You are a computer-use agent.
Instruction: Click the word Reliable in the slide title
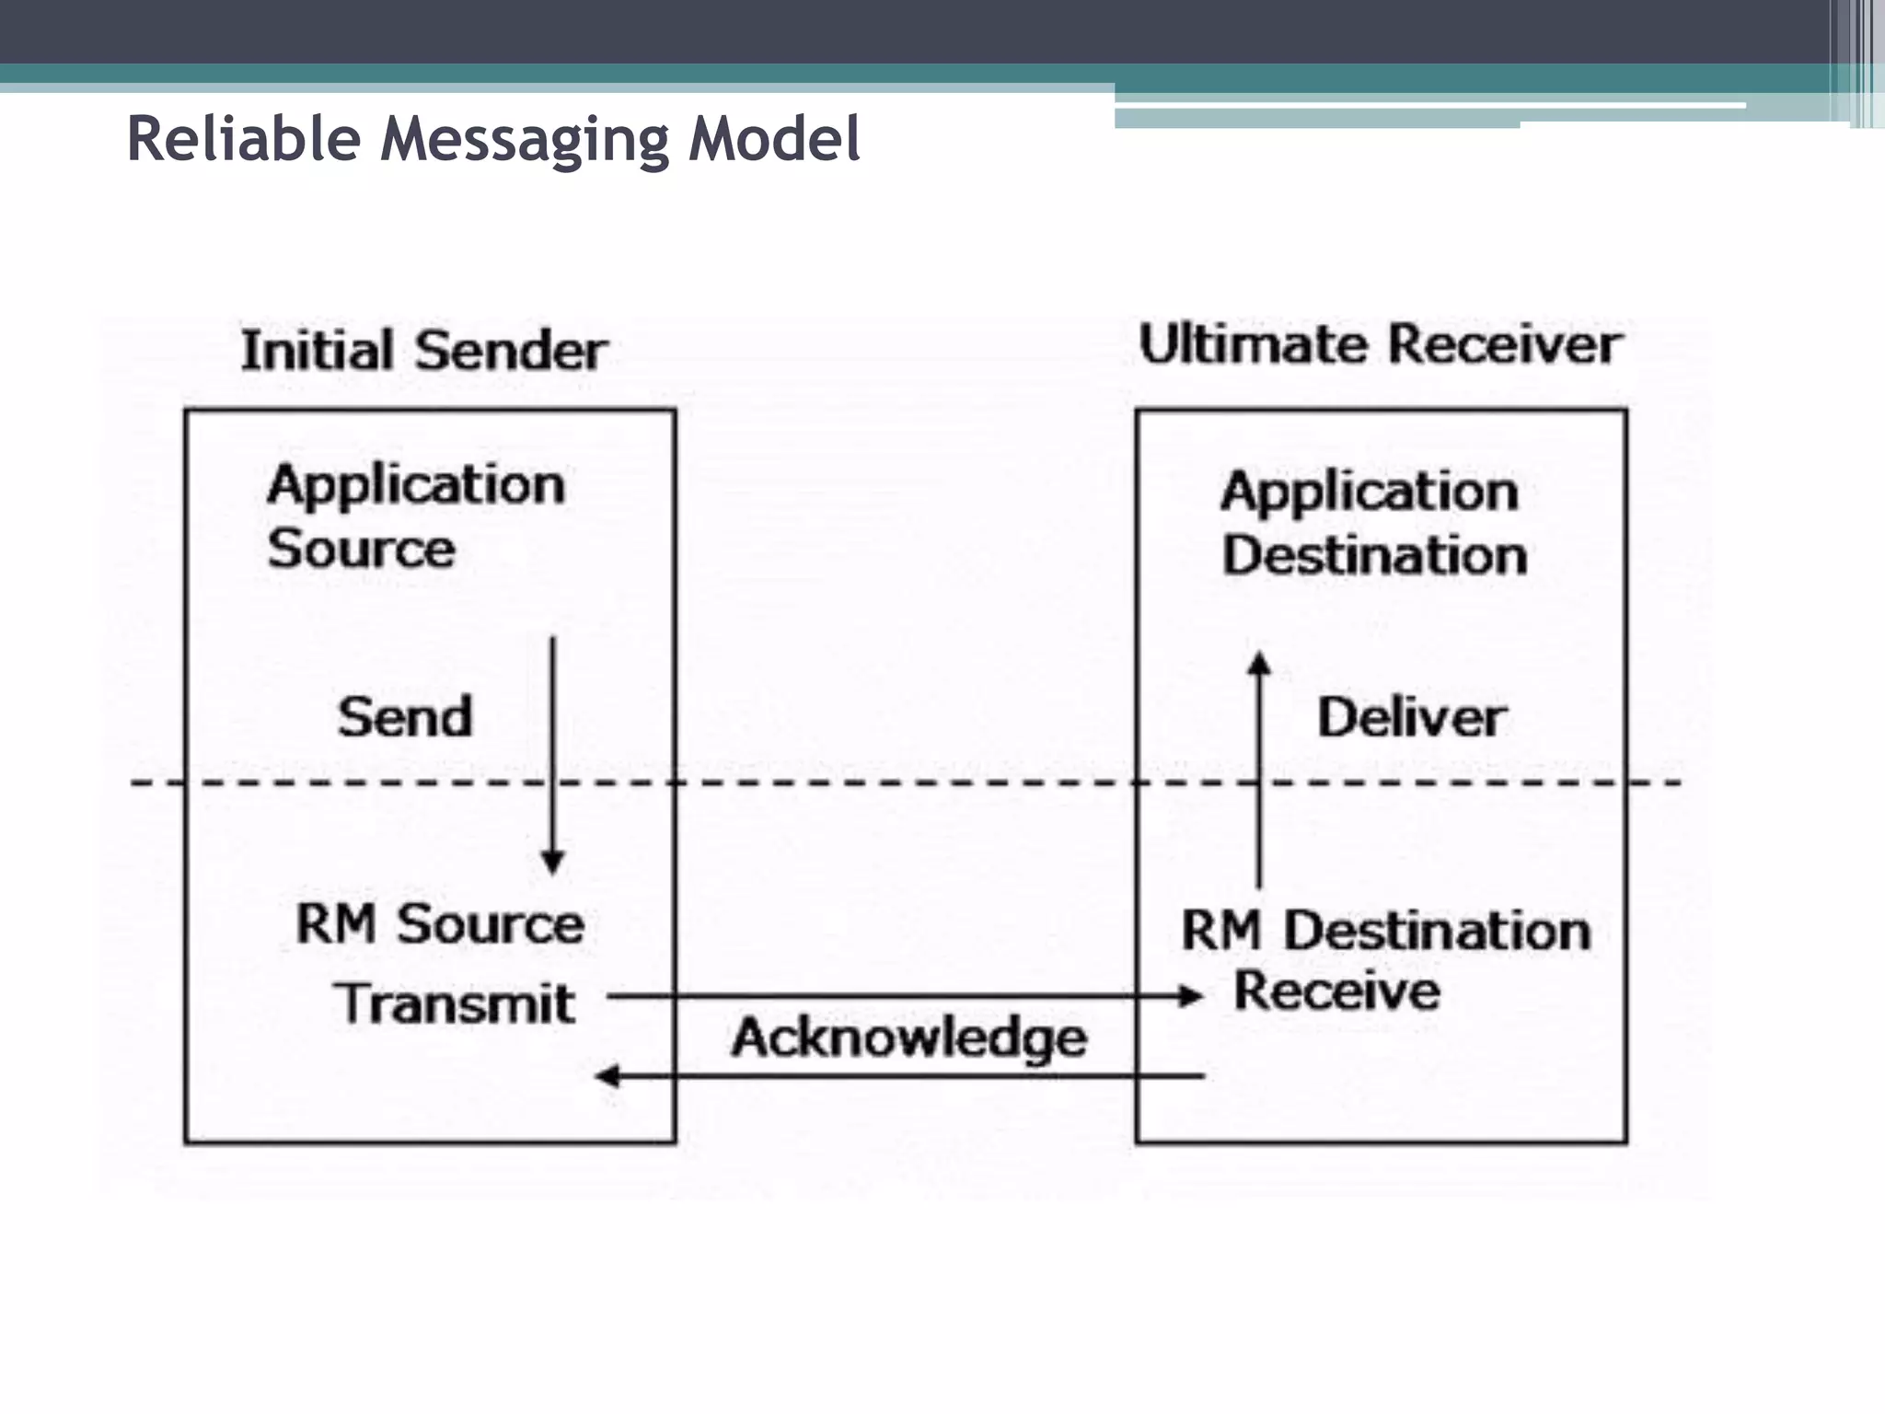(244, 140)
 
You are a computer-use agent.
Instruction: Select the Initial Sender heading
(423, 351)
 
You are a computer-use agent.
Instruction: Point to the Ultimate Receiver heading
(1380, 345)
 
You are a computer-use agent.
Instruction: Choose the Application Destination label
(1371, 523)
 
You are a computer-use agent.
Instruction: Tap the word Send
(405, 717)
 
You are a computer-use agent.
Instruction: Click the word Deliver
(1411, 717)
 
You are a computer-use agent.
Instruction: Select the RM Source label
(440, 923)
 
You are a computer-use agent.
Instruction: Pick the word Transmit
(455, 1003)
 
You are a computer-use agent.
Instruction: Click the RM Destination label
(1385, 930)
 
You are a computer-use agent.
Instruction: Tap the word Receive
(1336, 991)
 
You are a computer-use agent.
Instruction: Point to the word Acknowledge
(908, 1037)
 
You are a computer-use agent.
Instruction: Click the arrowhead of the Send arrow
(552, 863)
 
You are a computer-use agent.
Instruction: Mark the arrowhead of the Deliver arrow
(1259, 663)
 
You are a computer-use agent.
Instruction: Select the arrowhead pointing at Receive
(1191, 996)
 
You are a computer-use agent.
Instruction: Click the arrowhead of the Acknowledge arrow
(608, 1075)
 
